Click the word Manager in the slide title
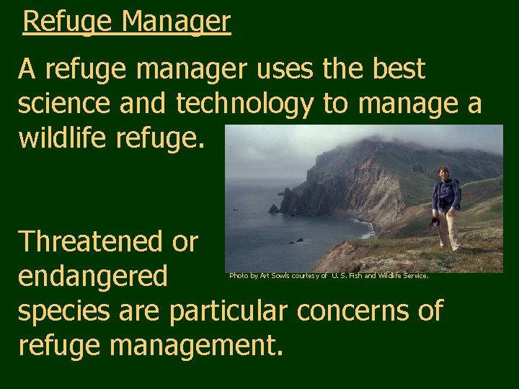(176, 22)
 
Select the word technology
(245, 104)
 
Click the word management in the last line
(193, 345)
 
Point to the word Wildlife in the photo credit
(395, 275)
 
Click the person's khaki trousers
(449, 229)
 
